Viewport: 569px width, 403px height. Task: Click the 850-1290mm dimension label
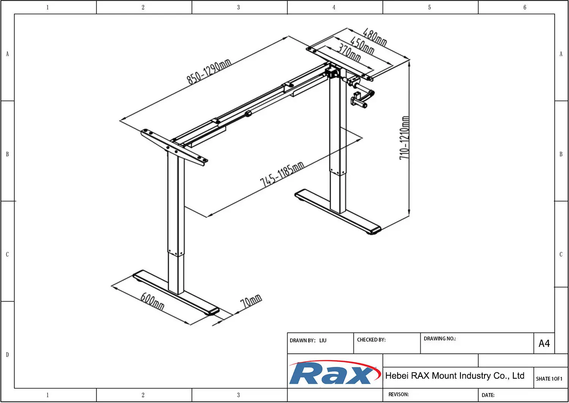coord(209,71)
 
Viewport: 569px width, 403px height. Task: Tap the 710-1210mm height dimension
coord(404,138)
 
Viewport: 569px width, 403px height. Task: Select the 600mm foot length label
coord(152,301)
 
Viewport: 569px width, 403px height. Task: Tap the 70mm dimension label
coord(251,301)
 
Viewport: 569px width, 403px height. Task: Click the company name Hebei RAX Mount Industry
coord(454,376)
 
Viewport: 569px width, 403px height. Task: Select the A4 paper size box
coord(544,343)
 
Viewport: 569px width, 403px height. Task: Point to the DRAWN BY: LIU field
coord(308,340)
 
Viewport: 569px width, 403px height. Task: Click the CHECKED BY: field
coord(371,340)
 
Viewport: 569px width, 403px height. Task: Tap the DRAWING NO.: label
coord(440,338)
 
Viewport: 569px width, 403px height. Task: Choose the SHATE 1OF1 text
coord(549,379)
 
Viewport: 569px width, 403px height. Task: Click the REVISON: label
coord(398,394)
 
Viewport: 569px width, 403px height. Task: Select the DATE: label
coord(488,395)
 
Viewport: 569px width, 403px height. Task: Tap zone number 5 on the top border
coord(429,7)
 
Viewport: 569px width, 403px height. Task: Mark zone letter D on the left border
coord(7,354)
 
